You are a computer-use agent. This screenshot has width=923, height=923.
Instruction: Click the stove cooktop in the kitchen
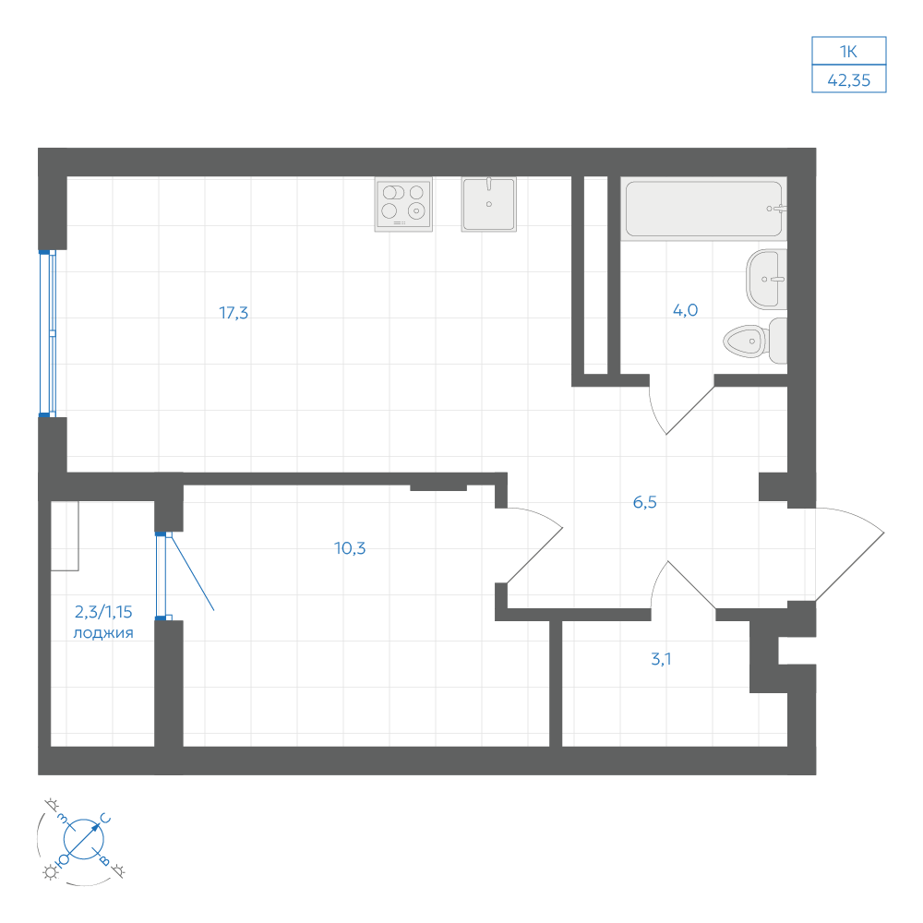point(403,204)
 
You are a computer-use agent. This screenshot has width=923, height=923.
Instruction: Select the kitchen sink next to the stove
point(488,204)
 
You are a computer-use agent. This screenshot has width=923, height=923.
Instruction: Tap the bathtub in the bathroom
point(704,209)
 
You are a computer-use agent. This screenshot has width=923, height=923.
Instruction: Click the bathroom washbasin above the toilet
point(766,279)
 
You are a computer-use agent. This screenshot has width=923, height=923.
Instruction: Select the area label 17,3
point(234,313)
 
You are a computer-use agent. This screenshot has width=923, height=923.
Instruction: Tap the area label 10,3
point(350,548)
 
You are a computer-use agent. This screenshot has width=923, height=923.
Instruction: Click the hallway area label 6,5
point(644,502)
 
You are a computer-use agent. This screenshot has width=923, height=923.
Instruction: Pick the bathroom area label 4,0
point(685,309)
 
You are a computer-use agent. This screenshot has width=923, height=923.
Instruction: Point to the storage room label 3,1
point(661,659)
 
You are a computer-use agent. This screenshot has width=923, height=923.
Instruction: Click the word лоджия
point(103,633)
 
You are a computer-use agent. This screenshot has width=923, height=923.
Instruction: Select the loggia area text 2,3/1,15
point(103,612)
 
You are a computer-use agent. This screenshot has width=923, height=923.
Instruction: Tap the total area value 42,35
point(849,80)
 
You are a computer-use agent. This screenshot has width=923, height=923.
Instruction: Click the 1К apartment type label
point(848,52)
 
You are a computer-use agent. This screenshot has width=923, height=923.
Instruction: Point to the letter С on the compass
point(105,818)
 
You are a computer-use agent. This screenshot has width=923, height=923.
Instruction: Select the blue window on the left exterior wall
point(47,334)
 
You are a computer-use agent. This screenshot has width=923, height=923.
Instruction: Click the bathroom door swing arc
point(682,404)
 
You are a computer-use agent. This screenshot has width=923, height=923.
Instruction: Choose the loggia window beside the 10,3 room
point(163,576)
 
